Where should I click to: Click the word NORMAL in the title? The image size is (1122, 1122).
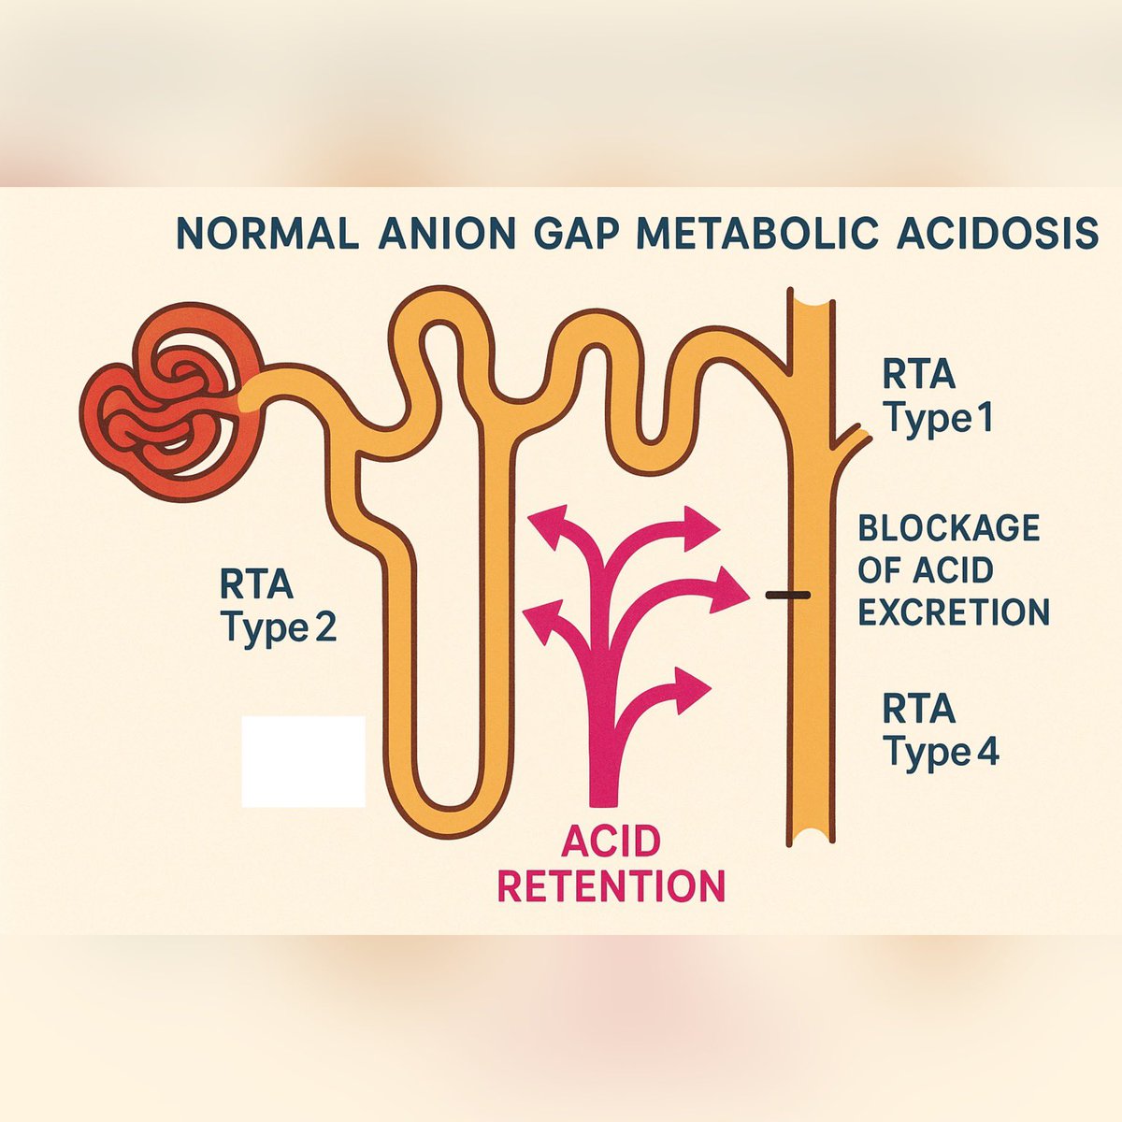pos(266,233)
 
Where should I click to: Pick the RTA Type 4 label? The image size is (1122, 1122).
pos(940,730)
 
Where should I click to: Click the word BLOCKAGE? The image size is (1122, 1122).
pos(948,528)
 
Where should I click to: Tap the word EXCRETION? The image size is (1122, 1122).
pos(954,612)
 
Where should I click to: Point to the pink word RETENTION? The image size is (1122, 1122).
pos(611,885)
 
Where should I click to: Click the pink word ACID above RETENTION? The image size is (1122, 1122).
pos(611,842)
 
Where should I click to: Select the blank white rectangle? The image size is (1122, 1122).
pos(303,761)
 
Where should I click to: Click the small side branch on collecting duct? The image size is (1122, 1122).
pos(853,439)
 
